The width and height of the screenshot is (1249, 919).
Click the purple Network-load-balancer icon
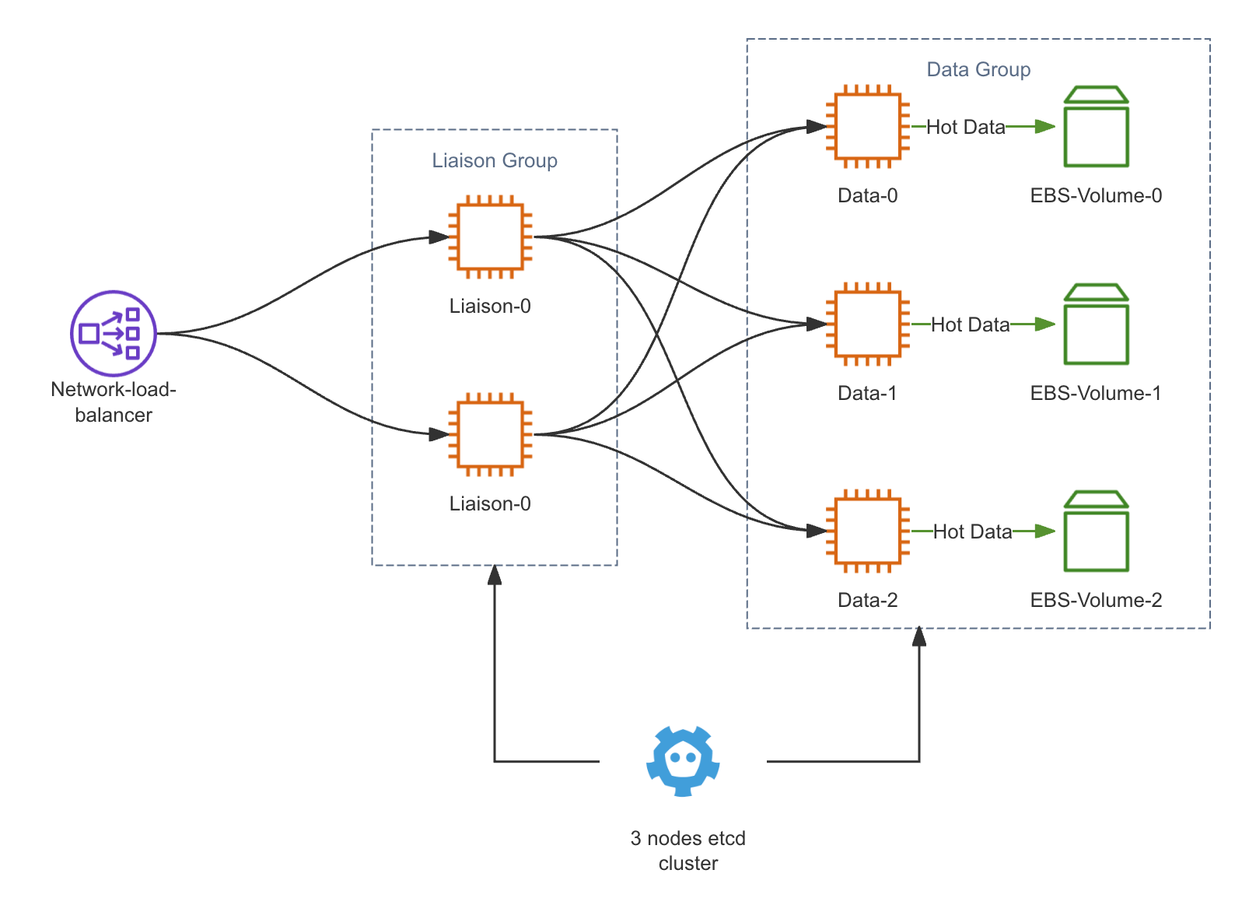click(x=114, y=333)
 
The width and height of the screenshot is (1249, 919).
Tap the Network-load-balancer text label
click(x=114, y=402)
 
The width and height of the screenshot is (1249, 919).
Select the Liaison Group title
click(x=495, y=160)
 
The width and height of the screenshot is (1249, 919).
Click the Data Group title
click(x=978, y=69)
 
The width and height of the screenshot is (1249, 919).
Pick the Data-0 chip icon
click(x=868, y=126)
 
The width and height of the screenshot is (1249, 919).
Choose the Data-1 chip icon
click(x=868, y=324)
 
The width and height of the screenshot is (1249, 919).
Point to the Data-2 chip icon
click(x=868, y=531)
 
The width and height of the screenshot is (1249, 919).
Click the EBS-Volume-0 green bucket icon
click(x=1096, y=127)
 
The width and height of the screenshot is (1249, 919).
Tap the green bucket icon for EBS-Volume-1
click(x=1096, y=324)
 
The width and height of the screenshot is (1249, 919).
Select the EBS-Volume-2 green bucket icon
click(x=1096, y=531)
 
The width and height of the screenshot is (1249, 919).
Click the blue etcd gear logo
click(x=683, y=761)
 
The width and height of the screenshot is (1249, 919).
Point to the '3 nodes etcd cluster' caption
click(x=687, y=851)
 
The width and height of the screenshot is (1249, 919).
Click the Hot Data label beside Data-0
click(x=965, y=127)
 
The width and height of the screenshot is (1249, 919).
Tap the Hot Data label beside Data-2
click(x=972, y=531)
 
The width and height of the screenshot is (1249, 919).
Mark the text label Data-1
click(x=867, y=393)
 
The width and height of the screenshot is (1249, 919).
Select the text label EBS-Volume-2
click(x=1096, y=600)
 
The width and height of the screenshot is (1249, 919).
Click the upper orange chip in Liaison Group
click(x=490, y=237)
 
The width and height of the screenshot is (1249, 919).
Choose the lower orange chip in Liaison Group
click(x=490, y=434)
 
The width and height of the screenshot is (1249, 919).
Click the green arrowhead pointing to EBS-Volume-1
click(x=1045, y=324)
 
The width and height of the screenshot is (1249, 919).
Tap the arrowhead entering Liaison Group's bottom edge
click(x=495, y=575)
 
